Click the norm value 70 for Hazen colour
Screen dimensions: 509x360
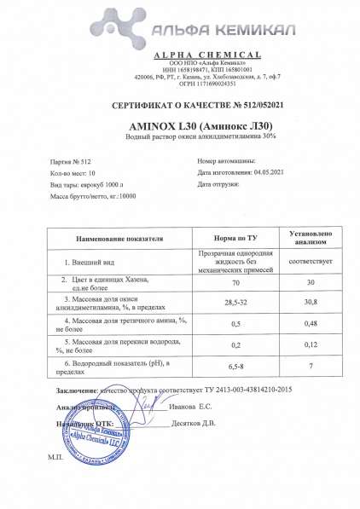tap(229, 281)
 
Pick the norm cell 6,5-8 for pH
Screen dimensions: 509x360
tap(229, 367)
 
